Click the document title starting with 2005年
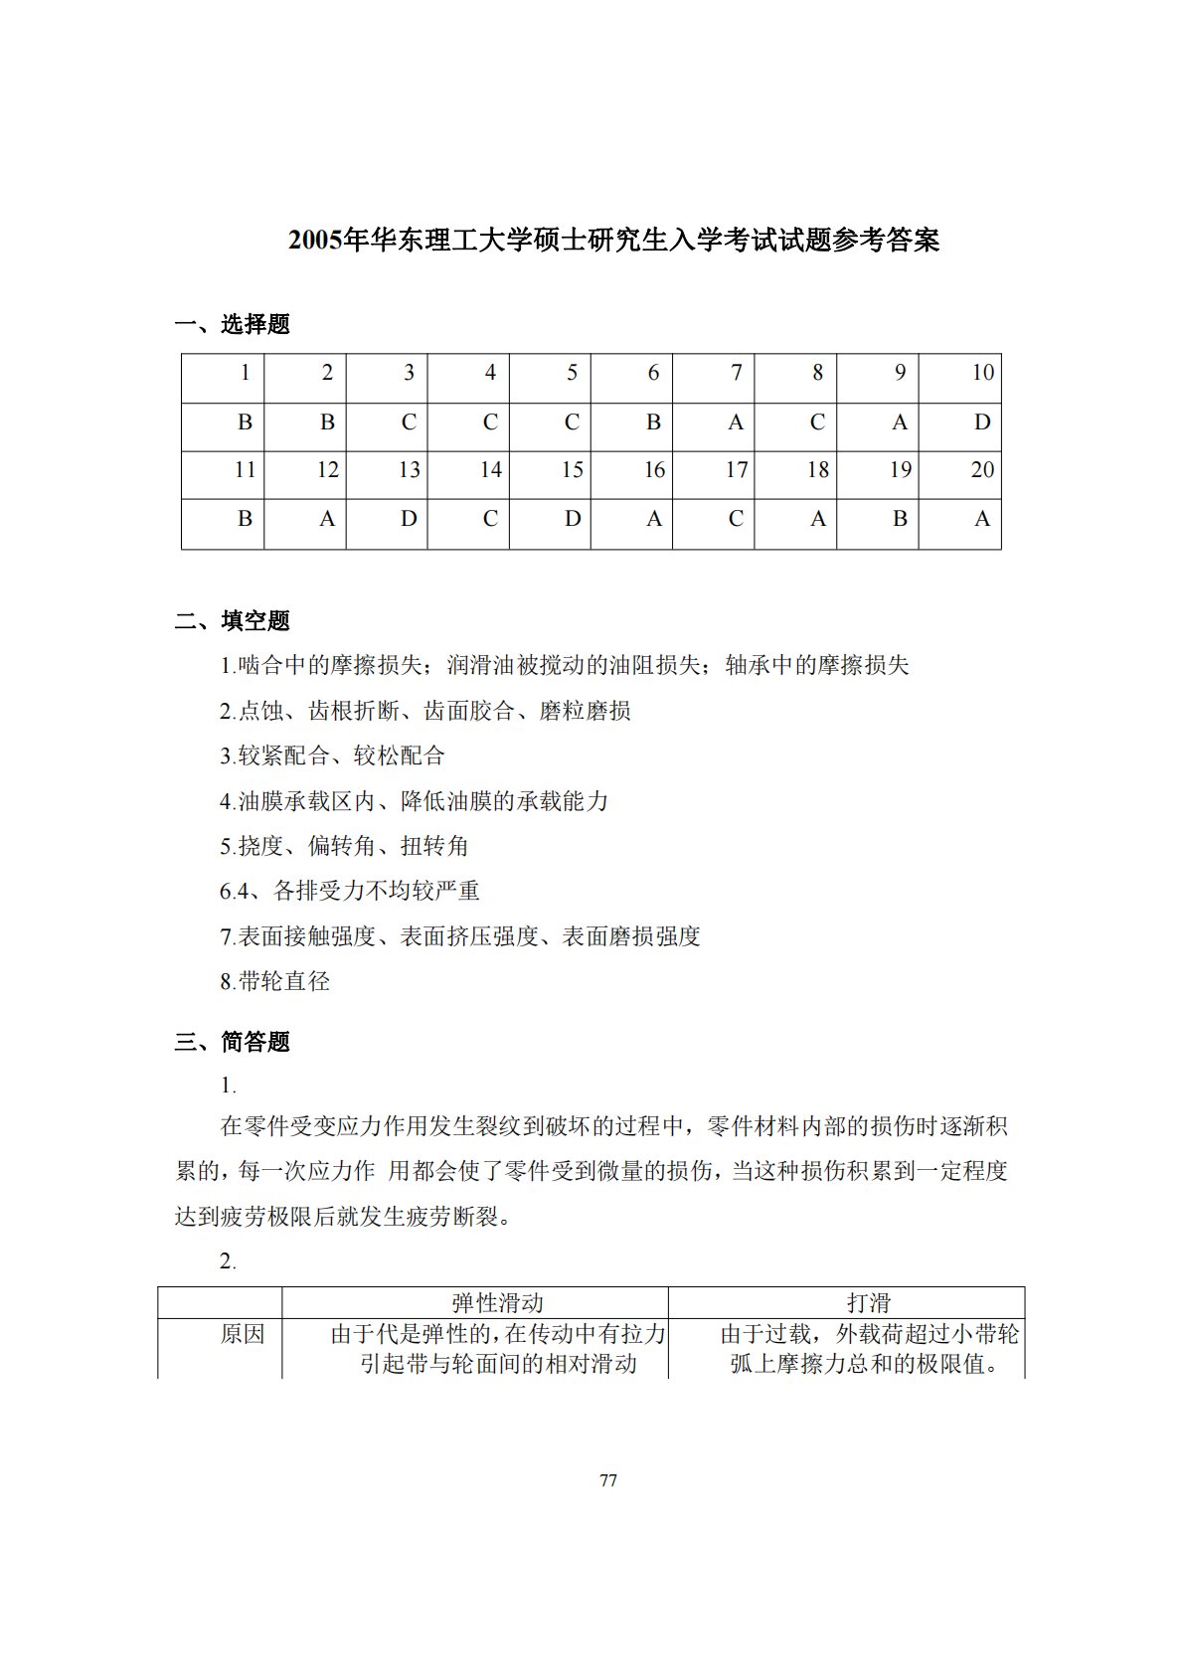click(x=613, y=241)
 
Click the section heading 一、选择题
click(x=233, y=324)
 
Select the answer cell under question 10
click(x=960, y=423)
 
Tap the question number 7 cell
click(x=714, y=374)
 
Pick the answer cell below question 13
click(x=387, y=520)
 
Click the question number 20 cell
click(x=960, y=471)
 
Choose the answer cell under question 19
click(x=878, y=520)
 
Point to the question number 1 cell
click(x=224, y=374)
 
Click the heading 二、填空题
click(x=233, y=621)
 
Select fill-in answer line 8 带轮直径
click(x=275, y=982)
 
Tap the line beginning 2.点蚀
click(x=425, y=711)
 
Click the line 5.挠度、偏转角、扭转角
click(x=344, y=846)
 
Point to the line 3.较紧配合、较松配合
click(x=332, y=755)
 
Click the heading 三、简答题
click(x=233, y=1042)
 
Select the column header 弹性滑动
click(x=497, y=1303)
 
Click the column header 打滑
click(x=868, y=1303)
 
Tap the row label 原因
click(x=243, y=1334)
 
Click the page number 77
click(x=608, y=1480)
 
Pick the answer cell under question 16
click(x=632, y=520)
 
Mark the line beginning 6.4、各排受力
click(x=350, y=891)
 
